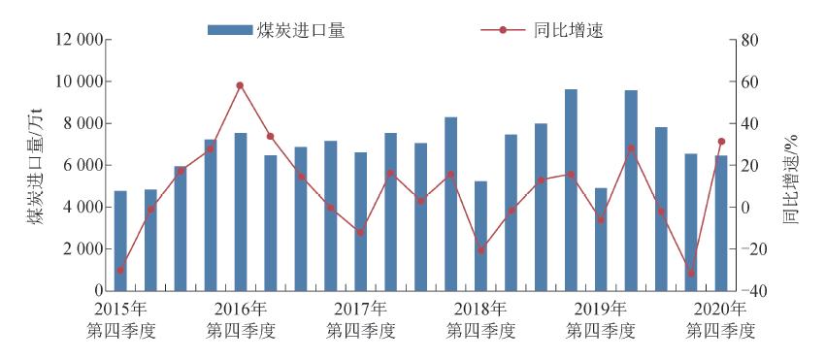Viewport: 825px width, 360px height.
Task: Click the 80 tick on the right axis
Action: click(x=747, y=41)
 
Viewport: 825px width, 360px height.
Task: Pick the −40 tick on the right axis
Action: click(x=751, y=291)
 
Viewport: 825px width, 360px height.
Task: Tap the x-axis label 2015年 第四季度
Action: click(x=121, y=319)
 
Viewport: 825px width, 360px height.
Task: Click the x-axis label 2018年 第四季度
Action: click(x=481, y=319)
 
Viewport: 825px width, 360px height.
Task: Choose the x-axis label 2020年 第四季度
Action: click(x=720, y=319)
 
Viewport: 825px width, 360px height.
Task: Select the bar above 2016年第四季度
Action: click(x=241, y=212)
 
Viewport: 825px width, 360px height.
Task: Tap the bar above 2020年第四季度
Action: click(x=721, y=223)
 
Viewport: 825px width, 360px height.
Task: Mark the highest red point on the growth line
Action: click(x=240, y=85)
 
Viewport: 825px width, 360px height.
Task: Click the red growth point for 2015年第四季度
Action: click(x=120, y=270)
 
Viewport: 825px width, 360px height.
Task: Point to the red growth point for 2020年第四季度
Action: click(x=721, y=142)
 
